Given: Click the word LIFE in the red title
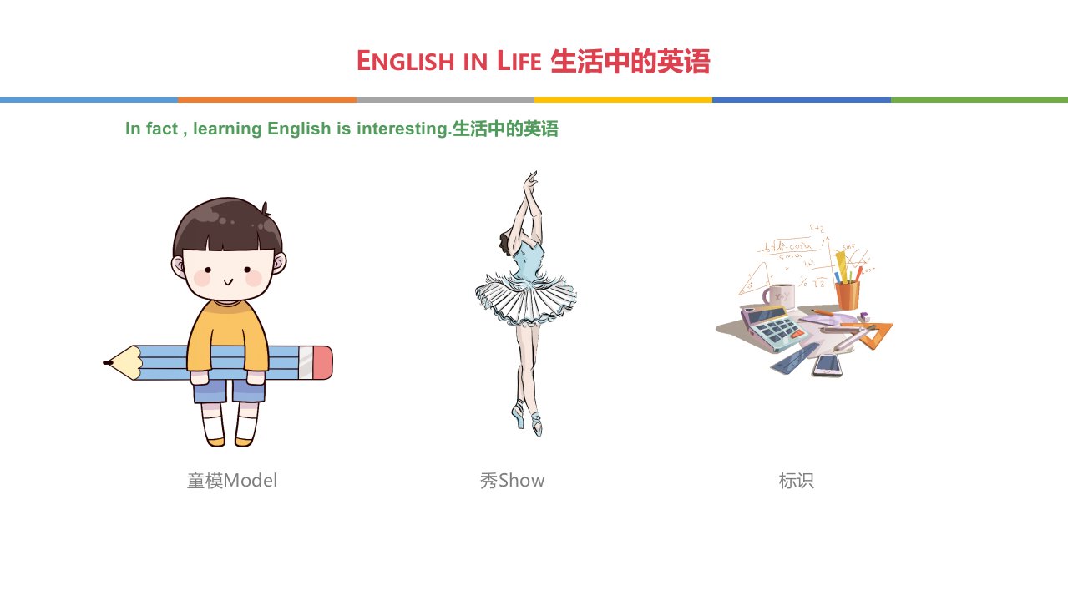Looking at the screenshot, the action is (519, 61).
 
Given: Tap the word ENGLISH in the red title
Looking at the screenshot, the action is (405, 61).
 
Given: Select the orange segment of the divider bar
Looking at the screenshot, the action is (267, 99).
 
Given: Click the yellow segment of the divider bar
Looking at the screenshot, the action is (623, 99).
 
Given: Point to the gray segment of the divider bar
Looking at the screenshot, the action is (445, 99).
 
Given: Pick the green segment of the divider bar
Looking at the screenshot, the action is (979, 99).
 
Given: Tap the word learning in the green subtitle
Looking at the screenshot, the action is (227, 129).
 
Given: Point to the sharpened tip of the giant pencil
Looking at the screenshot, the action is (105, 363).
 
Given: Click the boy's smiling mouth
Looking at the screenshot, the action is (229, 282).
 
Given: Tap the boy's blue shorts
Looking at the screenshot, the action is (229, 391).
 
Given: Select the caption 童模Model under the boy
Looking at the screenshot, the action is (231, 481).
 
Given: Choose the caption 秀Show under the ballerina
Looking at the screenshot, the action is (512, 481).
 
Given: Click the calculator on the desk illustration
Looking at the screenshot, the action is (773, 329).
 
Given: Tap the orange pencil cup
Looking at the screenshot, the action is (848, 295).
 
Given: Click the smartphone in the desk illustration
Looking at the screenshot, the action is (828, 366).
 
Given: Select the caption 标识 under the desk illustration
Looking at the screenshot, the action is (797, 481).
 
